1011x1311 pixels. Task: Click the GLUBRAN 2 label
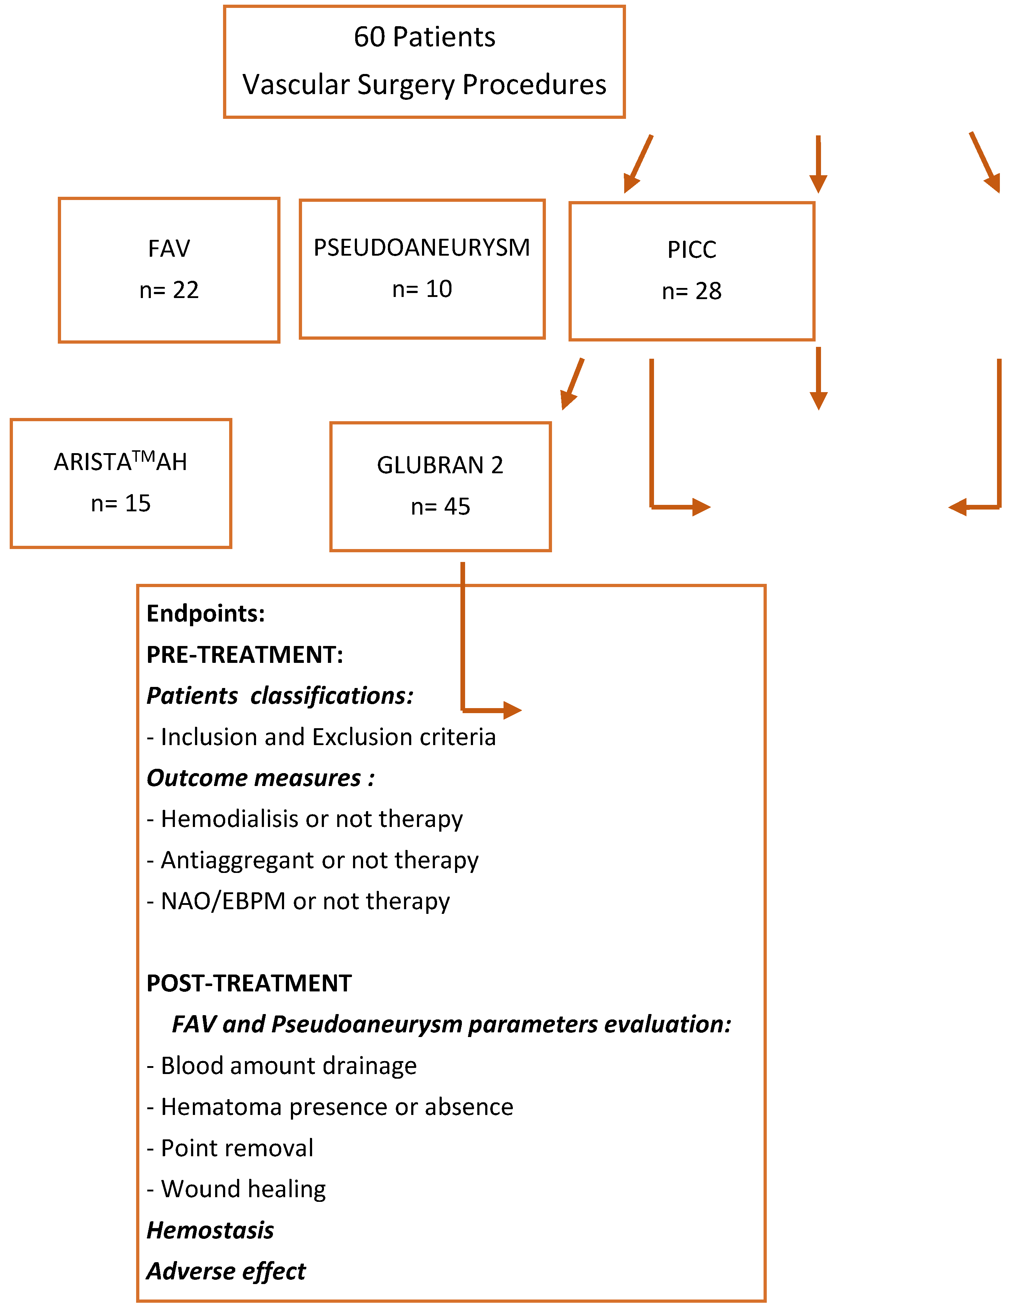coord(440,465)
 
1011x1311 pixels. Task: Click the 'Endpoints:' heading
coord(205,613)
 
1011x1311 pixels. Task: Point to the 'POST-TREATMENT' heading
coord(249,983)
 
